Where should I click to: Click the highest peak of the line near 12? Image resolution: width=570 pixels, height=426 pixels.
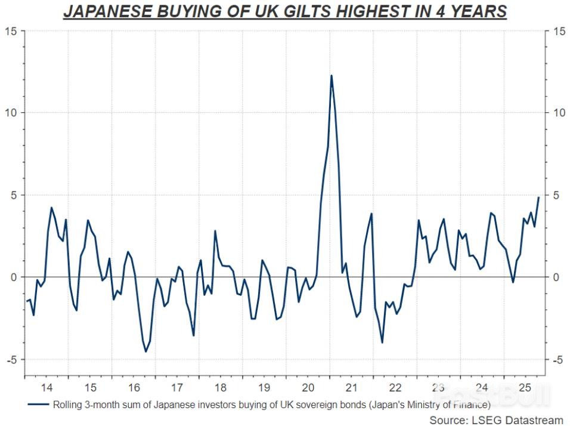tap(331, 75)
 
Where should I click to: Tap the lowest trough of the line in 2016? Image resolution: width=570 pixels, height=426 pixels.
tap(145, 351)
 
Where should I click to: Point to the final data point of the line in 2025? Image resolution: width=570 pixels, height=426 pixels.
tap(539, 197)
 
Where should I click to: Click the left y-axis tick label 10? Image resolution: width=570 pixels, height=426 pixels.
tap(13, 113)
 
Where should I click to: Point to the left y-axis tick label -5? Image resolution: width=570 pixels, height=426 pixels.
tap(13, 359)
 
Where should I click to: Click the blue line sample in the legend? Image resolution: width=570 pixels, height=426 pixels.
tap(38, 404)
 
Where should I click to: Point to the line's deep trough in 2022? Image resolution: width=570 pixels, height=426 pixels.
tap(382, 342)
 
